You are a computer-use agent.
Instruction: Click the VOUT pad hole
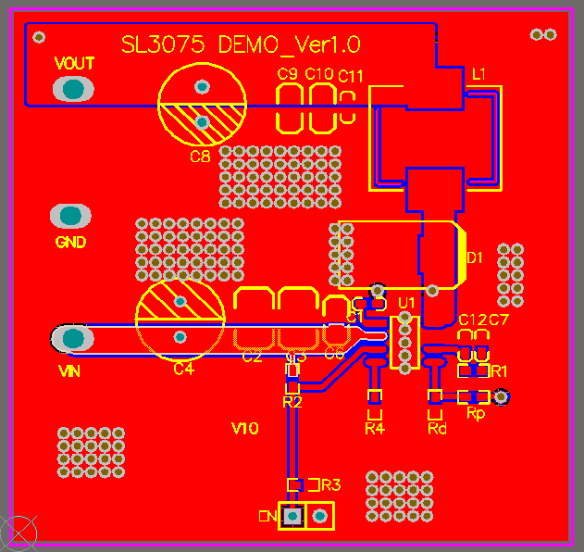pyautogui.click(x=72, y=89)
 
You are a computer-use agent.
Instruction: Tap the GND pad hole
pyautogui.click(x=70, y=217)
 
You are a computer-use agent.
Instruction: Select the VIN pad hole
pyautogui.click(x=71, y=339)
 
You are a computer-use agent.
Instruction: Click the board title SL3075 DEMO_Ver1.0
pyautogui.click(x=242, y=44)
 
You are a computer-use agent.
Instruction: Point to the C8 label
pyautogui.click(x=200, y=156)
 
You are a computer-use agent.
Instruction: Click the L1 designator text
pyautogui.click(x=478, y=73)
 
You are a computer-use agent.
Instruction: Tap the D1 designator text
pyautogui.click(x=475, y=258)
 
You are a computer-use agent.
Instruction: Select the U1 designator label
pyautogui.click(x=406, y=303)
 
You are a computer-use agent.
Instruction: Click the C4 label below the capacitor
pyautogui.click(x=183, y=370)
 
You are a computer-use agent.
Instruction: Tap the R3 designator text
pyautogui.click(x=330, y=484)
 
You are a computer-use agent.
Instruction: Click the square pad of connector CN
pyautogui.click(x=293, y=515)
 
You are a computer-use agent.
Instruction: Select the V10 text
pyautogui.click(x=244, y=428)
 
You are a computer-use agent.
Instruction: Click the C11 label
pyautogui.click(x=351, y=76)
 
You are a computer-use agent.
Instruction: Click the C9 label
pyautogui.click(x=288, y=74)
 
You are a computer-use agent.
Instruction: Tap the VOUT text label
pyautogui.click(x=74, y=64)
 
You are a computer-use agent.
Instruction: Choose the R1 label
pyautogui.click(x=500, y=370)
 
